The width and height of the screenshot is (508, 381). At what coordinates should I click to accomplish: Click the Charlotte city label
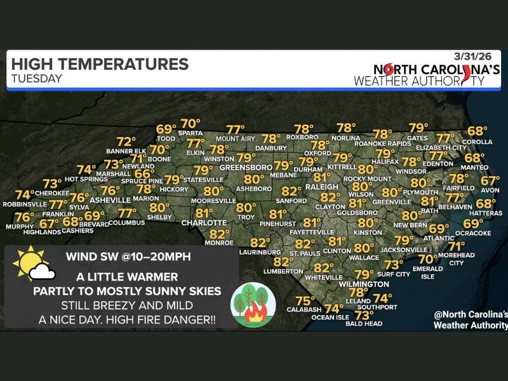point(204,223)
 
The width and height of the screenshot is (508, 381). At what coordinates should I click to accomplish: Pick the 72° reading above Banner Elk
point(126,142)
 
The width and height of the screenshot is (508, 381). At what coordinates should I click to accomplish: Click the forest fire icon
point(253,303)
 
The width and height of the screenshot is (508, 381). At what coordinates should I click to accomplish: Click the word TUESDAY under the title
point(36,79)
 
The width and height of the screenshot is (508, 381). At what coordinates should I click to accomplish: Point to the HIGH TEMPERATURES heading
point(100,64)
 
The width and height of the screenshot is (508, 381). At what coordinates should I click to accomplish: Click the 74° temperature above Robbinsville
point(25,195)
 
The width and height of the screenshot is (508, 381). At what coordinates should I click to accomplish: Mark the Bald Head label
point(364,324)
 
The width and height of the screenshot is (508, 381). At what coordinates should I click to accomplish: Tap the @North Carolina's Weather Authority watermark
point(471,319)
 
